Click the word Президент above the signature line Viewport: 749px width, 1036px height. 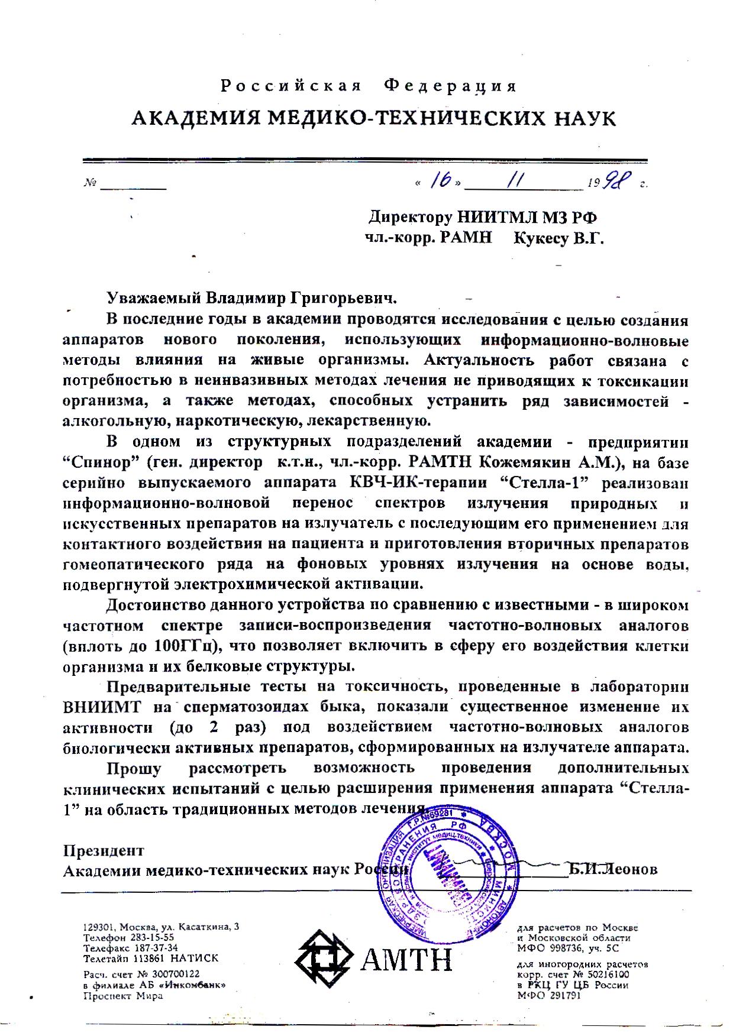pos(104,851)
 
